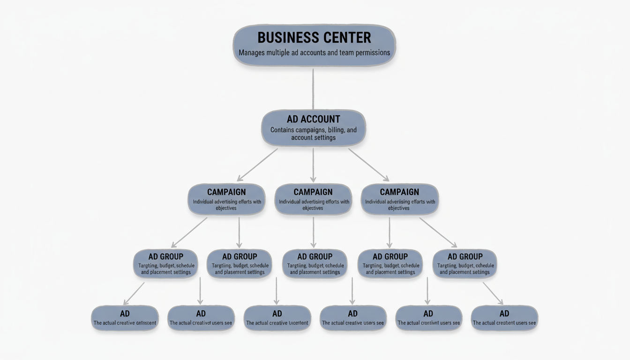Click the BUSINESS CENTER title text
coord(314,37)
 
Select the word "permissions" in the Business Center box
coord(370,52)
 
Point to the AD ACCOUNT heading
coord(313,119)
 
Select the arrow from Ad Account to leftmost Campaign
coord(258,164)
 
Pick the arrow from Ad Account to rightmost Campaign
coord(368,164)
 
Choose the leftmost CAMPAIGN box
coord(227,199)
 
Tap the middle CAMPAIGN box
coord(313,199)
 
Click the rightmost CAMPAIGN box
coord(399,199)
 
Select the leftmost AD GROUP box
coord(165,263)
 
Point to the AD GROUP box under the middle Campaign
coord(315,263)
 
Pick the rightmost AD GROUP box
coord(465,263)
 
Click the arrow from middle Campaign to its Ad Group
coord(313,232)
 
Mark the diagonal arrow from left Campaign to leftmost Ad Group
coord(189,232)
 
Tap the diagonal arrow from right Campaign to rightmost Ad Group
coord(438,232)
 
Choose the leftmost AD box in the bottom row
coord(125,318)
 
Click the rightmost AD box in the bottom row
coord(504,318)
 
